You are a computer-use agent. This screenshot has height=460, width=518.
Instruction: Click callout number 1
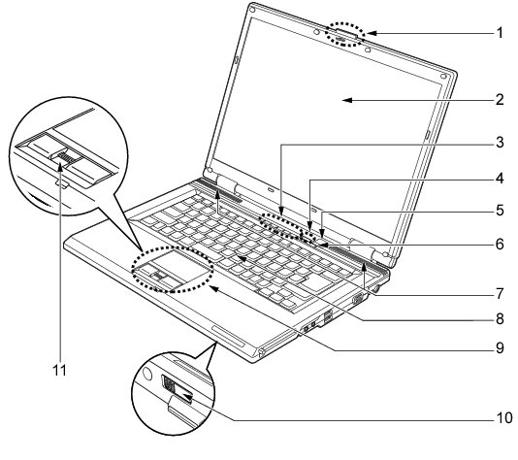coord(500,33)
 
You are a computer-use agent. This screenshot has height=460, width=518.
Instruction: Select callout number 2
coord(500,99)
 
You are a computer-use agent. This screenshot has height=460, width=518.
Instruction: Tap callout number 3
coord(500,142)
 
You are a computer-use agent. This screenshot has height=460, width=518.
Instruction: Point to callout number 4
coord(500,179)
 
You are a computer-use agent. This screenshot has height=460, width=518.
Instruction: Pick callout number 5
coord(500,211)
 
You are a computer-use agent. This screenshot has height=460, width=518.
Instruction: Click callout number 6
coord(500,245)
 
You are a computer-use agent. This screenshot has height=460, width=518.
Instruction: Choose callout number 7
coord(500,293)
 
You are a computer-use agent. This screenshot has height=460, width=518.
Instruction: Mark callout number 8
coord(500,319)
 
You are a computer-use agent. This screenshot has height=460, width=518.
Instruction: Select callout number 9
coord(500,348)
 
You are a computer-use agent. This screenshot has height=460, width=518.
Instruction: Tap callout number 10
coord(504,418)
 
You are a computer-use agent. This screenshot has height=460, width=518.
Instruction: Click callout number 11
coord(60,371)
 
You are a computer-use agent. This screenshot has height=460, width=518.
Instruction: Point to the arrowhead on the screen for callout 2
coord(347,100)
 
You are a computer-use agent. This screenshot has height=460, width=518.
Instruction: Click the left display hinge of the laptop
coord(227,183)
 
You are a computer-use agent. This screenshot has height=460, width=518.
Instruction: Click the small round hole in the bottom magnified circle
coord(147,374)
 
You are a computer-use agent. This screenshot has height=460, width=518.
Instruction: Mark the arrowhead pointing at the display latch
coord(372,33)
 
